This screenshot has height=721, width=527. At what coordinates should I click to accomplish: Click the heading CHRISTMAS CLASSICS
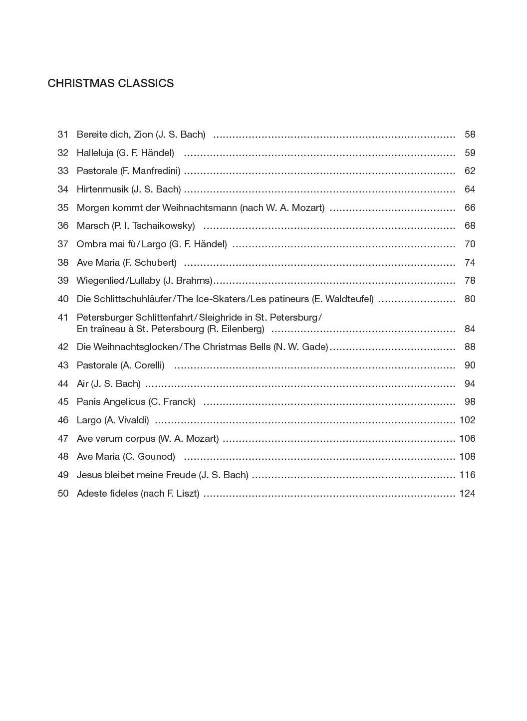(x=110, y=83)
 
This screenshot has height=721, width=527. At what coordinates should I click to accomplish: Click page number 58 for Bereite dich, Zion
(x=470, y=135)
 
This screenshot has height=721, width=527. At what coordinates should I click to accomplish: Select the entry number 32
(x=63, y=153)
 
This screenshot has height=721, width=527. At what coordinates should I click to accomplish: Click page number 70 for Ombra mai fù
(x=470, y=244)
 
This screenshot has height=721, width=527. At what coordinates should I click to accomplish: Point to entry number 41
(x=63, y=317)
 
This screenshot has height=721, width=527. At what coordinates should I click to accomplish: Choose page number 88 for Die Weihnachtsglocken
(x=470, y=347)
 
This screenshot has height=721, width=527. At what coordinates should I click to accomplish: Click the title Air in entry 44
(x=82, y=384)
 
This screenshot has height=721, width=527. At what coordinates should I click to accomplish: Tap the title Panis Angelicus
(x=111, y=402)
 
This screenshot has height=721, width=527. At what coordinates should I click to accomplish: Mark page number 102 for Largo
(x=467, y=420)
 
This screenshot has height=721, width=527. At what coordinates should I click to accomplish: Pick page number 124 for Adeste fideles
(x=467, y=494)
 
